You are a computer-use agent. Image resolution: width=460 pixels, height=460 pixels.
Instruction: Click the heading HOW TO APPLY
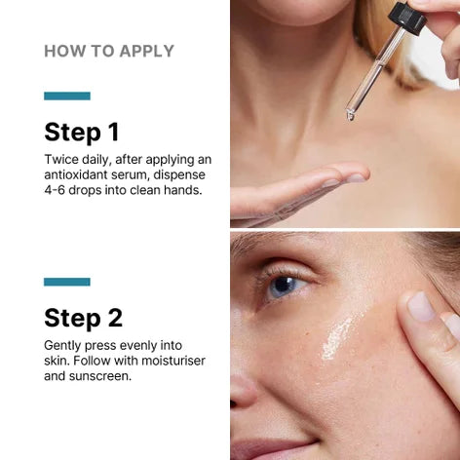tap(109, 52)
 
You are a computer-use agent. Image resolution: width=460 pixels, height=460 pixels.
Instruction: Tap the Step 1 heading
tap(82, 133)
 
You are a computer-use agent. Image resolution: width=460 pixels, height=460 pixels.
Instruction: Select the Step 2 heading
tap(84, 318)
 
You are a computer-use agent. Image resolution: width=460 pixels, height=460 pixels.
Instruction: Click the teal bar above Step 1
tap(67, 96)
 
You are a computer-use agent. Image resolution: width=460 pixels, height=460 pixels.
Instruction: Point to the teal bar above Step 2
tap(67, 282)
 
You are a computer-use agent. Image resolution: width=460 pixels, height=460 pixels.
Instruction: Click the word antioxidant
tap(76, 174)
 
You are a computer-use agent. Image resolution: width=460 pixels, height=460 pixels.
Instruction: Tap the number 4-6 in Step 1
tap(55, 190)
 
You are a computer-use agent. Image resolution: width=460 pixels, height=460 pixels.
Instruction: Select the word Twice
tap(61, 160)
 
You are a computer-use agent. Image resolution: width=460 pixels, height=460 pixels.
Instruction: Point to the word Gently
tap(62, 346)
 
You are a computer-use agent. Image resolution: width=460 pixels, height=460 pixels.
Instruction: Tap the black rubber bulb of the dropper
tap(407, 17)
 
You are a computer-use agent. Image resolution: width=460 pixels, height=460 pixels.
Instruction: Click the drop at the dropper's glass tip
tap(350, 116)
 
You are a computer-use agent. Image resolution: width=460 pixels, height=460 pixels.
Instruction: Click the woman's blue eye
tap(285, 287)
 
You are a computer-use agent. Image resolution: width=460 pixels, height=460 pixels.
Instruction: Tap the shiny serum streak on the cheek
tap(338, 338)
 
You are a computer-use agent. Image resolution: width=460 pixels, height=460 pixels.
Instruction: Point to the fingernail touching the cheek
tap(421, 305)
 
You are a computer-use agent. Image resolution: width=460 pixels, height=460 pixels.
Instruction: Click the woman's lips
tap(273, 449)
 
